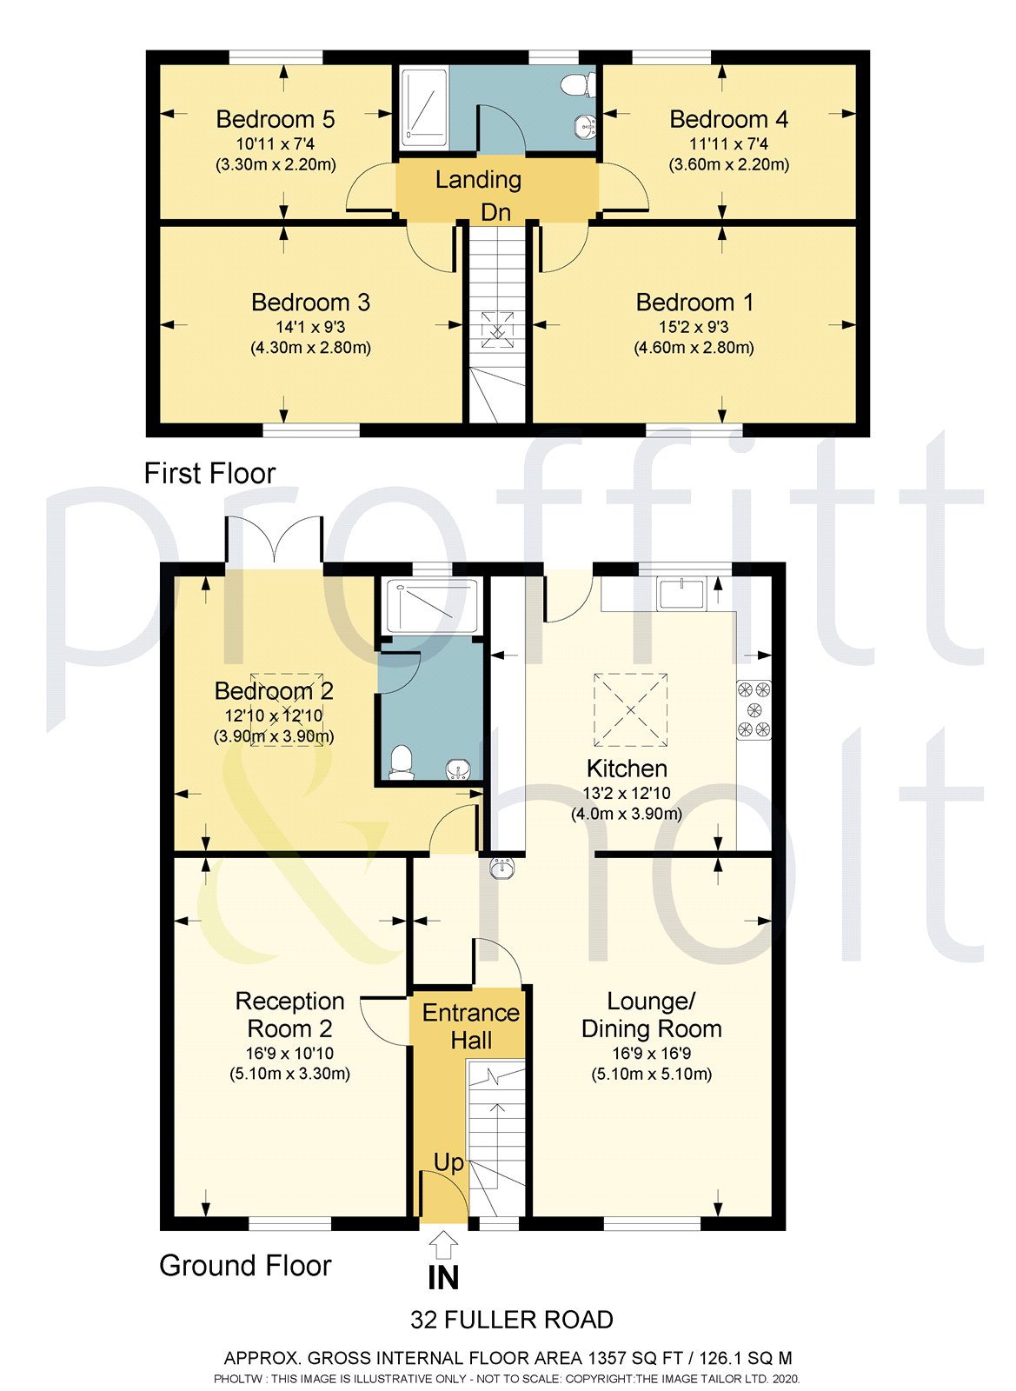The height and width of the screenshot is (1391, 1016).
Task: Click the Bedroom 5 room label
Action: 275,119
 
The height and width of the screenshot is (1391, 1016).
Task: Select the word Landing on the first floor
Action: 478,180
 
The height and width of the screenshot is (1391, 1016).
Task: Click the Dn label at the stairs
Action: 495,213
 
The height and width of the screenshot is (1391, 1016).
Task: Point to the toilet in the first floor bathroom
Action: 577,85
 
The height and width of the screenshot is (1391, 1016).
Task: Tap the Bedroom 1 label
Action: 694,303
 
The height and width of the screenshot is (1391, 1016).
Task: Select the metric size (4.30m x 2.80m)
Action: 310,348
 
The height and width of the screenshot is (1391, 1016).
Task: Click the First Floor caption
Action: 209,474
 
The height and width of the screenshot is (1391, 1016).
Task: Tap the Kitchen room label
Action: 627,769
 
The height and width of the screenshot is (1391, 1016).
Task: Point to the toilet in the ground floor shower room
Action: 401,762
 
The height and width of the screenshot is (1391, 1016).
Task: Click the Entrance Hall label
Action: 470,1026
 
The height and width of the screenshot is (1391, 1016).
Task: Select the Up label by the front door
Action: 448,1162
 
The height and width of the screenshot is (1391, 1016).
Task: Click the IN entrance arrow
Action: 443,1245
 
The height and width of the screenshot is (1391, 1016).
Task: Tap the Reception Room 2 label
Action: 289,1015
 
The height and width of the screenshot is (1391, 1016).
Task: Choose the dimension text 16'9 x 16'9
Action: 651,1054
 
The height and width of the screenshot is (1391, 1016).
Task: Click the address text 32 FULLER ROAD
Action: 512,1320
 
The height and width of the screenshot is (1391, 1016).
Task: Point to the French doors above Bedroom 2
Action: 275,542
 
